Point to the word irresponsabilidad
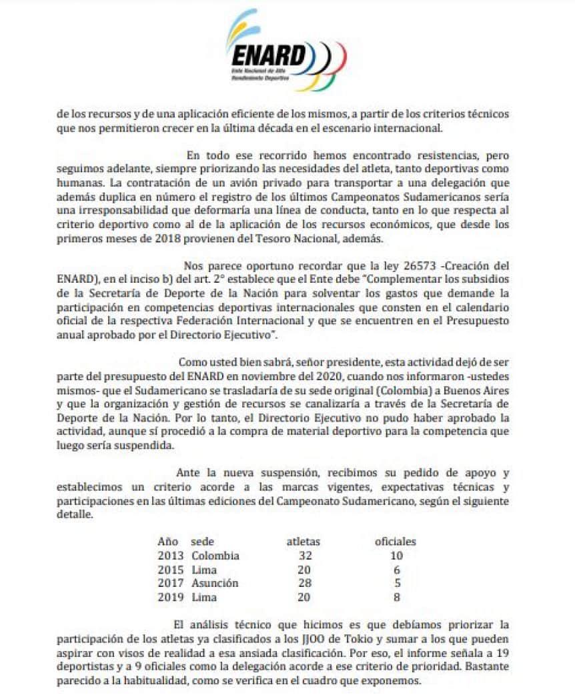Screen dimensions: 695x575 click(x=111, y=210)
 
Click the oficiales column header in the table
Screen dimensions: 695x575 click(x=396, y=542)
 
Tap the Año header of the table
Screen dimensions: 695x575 click(x=168, y=542)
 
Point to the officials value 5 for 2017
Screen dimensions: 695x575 click(x=397, y=584)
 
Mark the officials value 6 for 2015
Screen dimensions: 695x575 click(x=397, y=570)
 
